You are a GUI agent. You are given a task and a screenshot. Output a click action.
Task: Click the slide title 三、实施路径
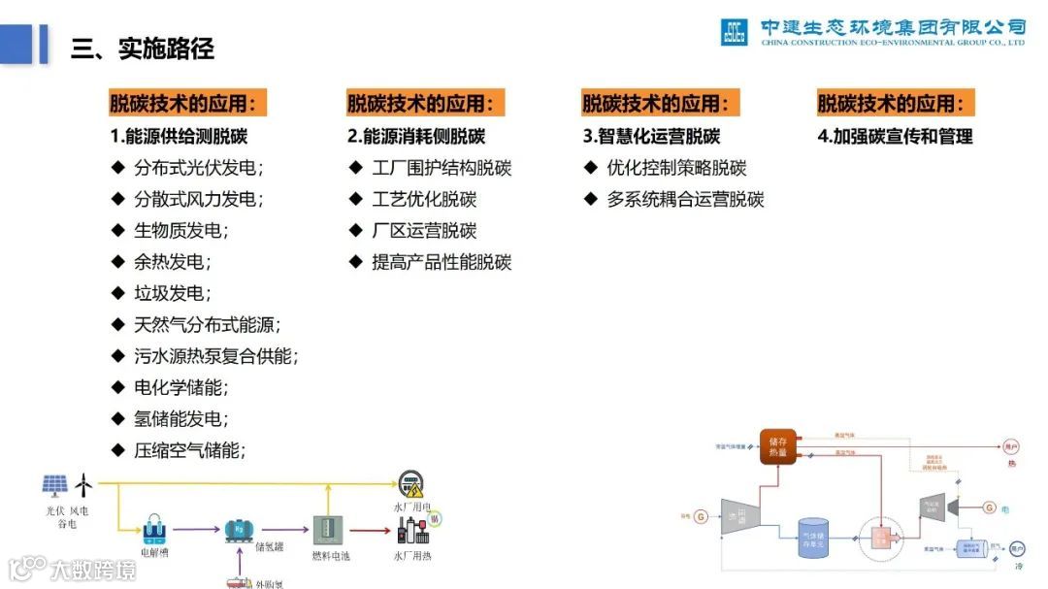click(142, 48)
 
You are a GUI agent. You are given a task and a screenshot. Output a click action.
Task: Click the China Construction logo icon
click(734, 32)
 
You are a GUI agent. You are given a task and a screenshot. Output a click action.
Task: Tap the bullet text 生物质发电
click(180, 231)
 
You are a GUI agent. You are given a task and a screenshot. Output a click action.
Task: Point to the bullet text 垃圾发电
click(173, 293)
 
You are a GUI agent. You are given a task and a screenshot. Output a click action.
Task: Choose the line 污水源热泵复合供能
click(216, 356)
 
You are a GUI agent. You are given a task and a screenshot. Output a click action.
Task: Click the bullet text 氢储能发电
click(180, 419)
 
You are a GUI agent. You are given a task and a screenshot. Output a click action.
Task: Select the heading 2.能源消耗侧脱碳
click(416, 136)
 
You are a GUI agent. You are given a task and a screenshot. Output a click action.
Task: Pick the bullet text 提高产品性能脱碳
click(442, 262)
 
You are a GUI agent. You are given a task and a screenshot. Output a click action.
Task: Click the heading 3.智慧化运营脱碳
click(651, 136)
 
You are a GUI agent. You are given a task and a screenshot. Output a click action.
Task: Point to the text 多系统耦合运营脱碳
click(685, 200)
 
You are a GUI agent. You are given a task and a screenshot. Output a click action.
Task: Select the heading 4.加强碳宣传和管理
click(895, 136)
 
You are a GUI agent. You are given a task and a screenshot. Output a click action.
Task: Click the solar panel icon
click(55, 484)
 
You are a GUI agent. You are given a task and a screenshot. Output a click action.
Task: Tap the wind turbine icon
click(85, 483)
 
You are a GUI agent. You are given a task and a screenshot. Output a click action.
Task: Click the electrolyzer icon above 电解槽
click(155, 531)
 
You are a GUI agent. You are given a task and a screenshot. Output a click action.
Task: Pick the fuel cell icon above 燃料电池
click(326, 530)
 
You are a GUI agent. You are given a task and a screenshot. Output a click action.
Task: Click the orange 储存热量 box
click(778, 445)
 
